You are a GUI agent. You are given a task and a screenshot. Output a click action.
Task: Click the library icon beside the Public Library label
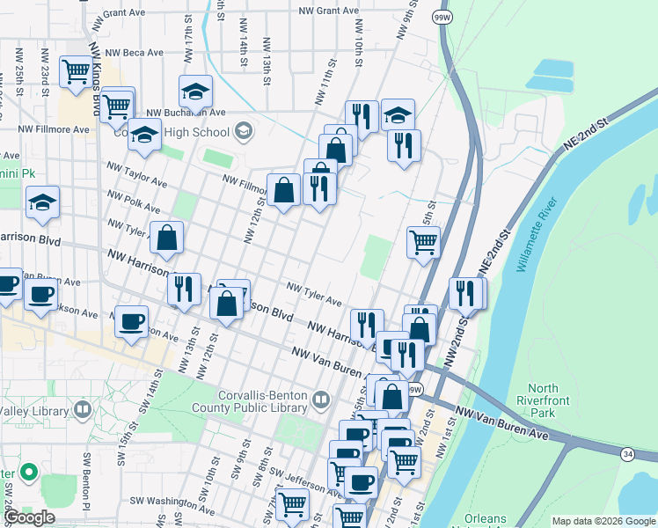point(322,400)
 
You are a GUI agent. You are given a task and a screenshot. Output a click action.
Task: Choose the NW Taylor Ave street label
point(136,173)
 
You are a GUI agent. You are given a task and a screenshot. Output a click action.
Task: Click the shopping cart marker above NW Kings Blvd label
point(76,71)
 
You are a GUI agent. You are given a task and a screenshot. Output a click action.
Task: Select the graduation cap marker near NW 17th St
point(196,90)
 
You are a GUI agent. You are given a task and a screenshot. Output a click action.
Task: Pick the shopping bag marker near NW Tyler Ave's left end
point(166,237)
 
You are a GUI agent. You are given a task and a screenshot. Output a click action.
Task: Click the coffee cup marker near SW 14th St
point(132,322)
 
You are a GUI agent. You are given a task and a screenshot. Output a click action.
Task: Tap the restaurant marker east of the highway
point(465,292)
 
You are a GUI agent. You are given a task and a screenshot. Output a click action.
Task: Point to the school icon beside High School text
point(243,133)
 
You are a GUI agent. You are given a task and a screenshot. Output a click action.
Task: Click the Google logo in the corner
point(30,517)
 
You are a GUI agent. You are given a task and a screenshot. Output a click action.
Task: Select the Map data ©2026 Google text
point(603,521)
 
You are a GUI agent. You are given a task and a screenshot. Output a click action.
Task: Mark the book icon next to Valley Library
point(83,409)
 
